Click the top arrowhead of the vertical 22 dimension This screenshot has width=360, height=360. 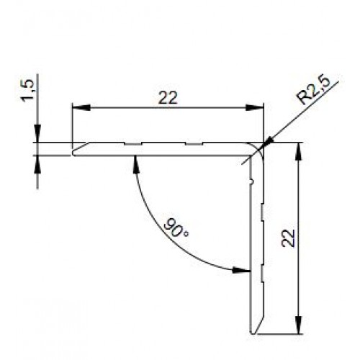click(x=297, y=148)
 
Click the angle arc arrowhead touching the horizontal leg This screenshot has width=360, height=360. click(x=135, y=160)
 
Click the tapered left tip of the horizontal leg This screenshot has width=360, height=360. click(x=73, y=152)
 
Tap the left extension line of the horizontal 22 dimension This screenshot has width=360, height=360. click(x=71, y=126)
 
